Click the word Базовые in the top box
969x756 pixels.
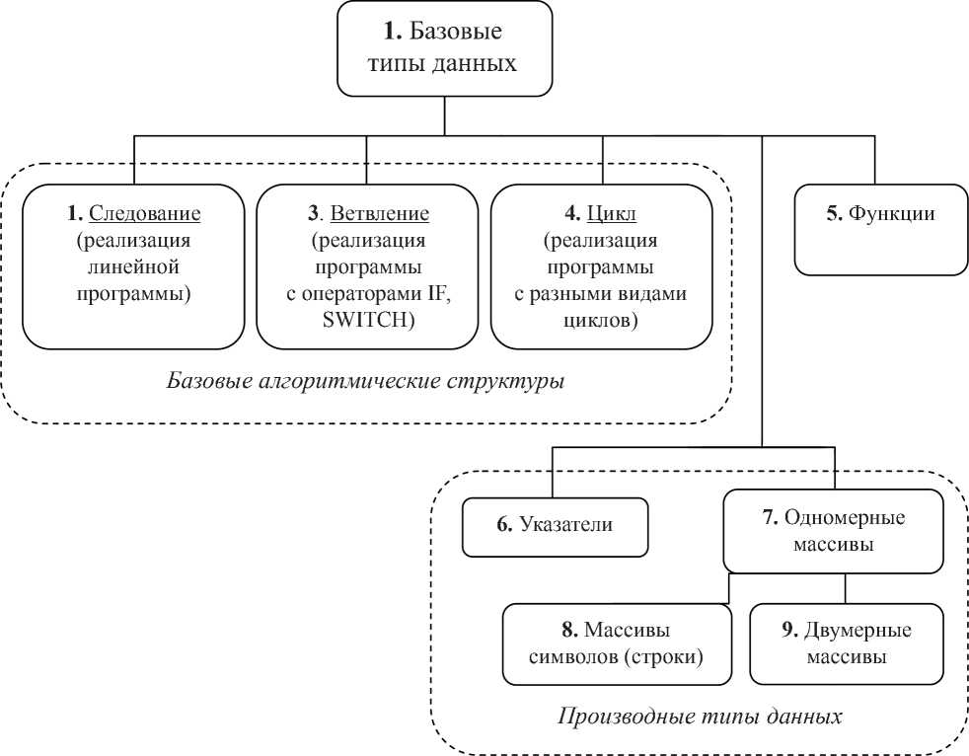(456, 31)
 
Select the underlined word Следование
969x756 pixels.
(145, 213)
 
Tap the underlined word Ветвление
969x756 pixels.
(380, 213)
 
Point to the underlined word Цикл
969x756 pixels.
(612, 213)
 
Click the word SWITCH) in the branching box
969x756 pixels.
(368, 320)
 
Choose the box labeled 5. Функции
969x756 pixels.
(880, 229)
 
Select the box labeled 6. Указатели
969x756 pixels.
(555, 527)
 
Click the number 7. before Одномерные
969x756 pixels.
(770, 517)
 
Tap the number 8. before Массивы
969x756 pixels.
(569, 630)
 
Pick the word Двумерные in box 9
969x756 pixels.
(857, 631)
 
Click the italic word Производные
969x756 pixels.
(626, 718)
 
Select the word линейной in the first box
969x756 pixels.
(133, 266)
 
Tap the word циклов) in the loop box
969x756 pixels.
(600, 321)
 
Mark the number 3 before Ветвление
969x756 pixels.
(313, 213)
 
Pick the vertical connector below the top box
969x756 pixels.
(444, 115)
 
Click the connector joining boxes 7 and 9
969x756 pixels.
(846, 588)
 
